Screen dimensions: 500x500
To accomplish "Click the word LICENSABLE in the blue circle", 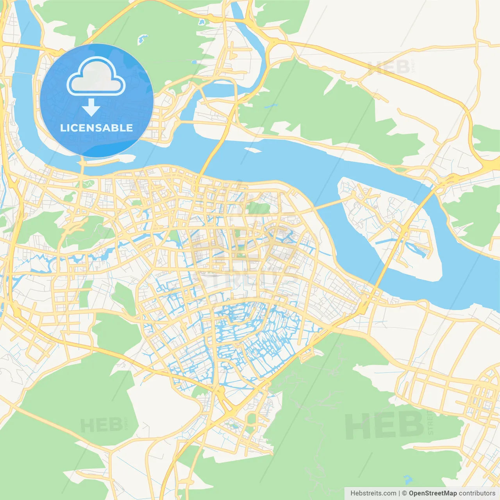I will pyautogui.click(x=96, y=128).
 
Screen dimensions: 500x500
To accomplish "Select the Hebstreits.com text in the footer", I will pyautogui.click(x=373, y=493).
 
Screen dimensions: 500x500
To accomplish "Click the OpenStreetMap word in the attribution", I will pyautogui.click(x=432, y=493).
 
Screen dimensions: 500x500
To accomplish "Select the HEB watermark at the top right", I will pyautogui.click(x=389, y=67).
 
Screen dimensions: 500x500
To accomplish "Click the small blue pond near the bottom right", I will pyautogui.click(x=407, y=479).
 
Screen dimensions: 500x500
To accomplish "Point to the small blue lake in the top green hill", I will pyautogui.click(x=142, y=39).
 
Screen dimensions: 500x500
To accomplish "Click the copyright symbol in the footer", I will pyautogui.click(x=404, y=493).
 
